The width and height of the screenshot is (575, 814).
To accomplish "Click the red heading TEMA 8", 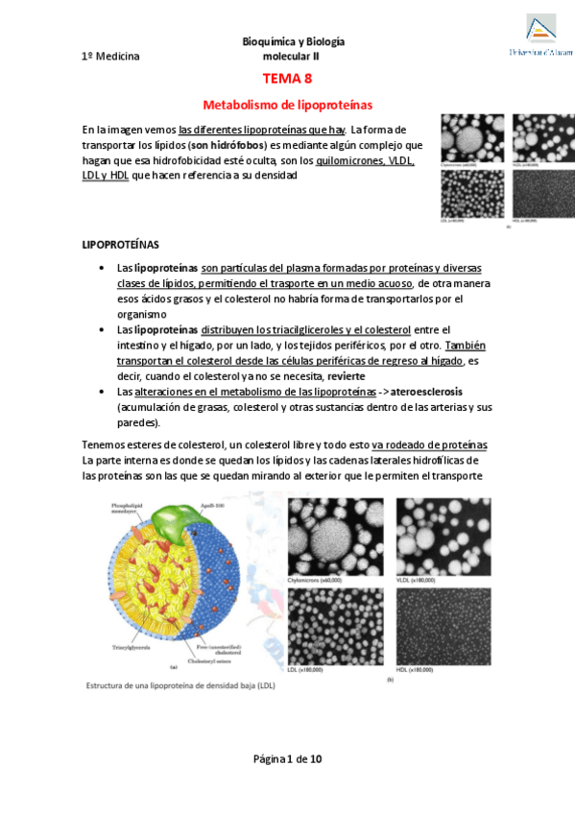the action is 287,79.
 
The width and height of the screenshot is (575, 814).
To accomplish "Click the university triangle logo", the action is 541,29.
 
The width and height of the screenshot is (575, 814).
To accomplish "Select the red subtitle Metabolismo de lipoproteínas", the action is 287,104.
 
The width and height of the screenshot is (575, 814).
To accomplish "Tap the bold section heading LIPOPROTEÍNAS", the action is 120,245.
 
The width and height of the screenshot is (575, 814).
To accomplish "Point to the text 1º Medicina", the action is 110,57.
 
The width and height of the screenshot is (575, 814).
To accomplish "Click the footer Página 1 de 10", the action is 287,758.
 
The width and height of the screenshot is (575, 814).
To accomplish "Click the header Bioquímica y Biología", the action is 294,42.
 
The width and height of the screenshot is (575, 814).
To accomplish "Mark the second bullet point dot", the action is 102,329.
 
